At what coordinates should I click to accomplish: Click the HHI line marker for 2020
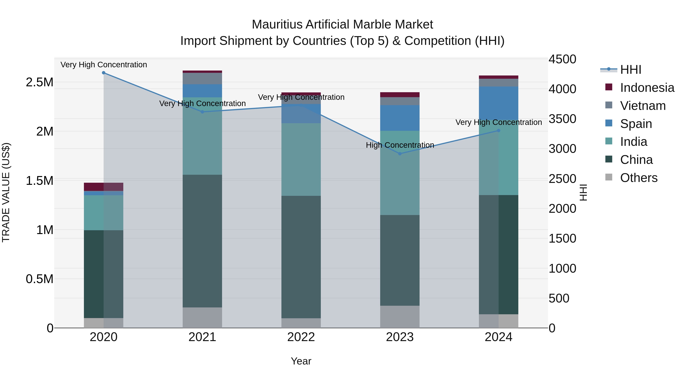104,73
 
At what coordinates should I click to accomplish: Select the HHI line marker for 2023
400,154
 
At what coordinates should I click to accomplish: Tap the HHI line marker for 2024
499,130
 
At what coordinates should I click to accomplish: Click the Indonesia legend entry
647,88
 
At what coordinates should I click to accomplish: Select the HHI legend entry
631,70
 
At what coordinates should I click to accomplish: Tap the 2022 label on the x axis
301,337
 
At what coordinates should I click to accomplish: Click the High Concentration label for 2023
400,145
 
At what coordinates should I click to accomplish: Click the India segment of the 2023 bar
400,173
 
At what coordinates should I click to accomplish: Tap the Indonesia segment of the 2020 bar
104,187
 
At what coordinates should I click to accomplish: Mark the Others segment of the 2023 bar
400,317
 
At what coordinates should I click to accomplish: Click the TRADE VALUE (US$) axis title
6,192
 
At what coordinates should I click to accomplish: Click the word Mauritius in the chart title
276,25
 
